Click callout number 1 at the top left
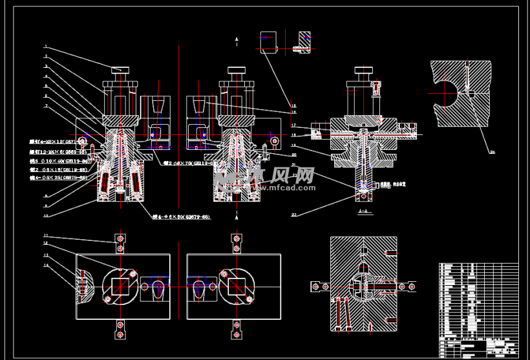coord(46,47)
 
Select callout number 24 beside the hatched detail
coord(492,152)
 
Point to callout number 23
coord(293,215)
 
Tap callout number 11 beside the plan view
coord(46,235)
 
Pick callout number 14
coord(46,265)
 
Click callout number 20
coord(293,154)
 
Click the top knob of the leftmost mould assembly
coord(120,70)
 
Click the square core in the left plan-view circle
coord(120,285)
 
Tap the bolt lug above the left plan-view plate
coord(120,242)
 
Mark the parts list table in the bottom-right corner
coord(478,309)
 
